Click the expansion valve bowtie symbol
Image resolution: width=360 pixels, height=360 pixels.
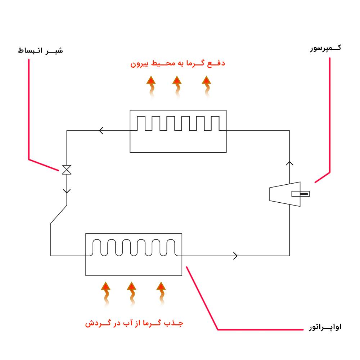pos(67,170)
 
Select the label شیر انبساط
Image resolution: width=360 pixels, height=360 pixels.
pos(40,50)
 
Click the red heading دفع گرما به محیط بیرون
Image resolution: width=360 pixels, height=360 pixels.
pos(177,64)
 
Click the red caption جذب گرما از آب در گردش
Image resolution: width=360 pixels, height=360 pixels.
pos(134,323)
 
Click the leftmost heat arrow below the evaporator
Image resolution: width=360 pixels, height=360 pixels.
pos(105,293)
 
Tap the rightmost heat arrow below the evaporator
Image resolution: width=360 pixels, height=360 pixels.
pos(161,293)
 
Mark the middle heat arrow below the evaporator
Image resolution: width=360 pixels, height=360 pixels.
pos(132,293)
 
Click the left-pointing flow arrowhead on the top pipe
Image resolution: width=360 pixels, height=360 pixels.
pos(101,131)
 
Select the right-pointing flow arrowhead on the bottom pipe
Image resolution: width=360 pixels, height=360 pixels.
pos(236,256)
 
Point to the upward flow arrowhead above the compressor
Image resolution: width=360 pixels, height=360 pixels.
pos(289,163)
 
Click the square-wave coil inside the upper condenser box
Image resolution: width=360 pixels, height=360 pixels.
pos(178,123)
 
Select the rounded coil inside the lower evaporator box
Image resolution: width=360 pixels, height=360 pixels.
pos(134,248)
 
